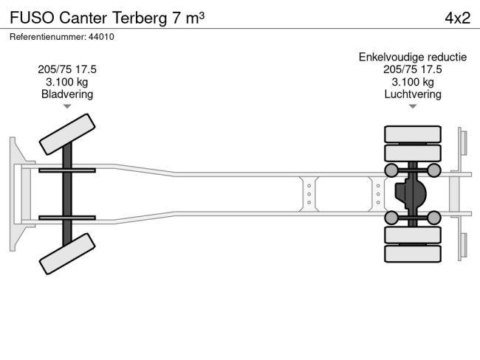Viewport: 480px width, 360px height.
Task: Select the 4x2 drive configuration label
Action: (x=457, y=18)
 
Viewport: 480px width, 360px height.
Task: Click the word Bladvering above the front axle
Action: (x=67, y=94)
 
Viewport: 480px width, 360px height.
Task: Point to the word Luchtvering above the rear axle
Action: (x=413, y=94)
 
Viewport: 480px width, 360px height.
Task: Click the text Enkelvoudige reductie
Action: (x=413, y=57)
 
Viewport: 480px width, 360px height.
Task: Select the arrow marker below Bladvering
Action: (x=67, y=107)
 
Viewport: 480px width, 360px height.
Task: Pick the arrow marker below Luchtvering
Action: (x=413, y=107)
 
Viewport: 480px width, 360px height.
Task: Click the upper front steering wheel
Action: (x=66, y=134)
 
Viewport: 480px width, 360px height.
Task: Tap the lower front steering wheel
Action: (x=66, y=255)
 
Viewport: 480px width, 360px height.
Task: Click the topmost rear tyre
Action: (x=413, y=135)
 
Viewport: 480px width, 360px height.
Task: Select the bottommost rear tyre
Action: (x=413, y=254)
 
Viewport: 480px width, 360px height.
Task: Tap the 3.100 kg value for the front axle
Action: (x=67, y=82)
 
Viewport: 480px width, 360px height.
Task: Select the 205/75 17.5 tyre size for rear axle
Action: (x=413, y=69)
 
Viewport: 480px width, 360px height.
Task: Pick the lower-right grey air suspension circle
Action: (x=434, y=217)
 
